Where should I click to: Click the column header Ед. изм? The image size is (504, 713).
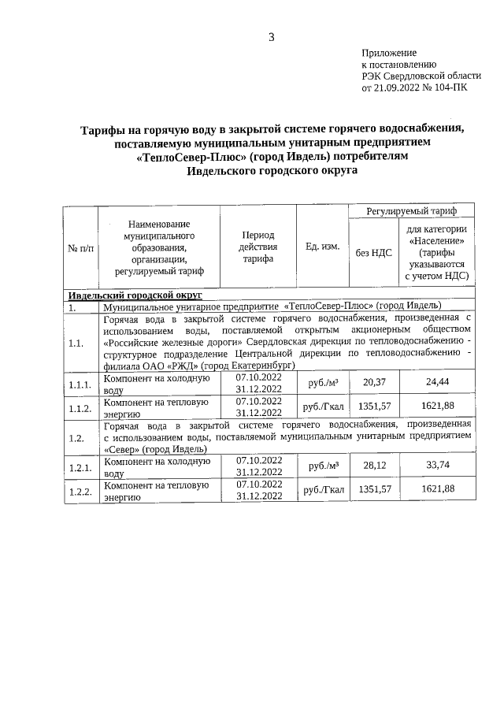[322, 247]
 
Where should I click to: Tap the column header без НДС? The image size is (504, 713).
[372, 252]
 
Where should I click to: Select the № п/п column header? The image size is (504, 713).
[80, 247]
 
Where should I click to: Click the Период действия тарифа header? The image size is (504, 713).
[258, 247]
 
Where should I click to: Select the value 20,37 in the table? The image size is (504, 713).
[372, 382]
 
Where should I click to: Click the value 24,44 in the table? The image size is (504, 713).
[438, 382]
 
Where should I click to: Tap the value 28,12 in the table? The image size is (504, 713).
[372, 465]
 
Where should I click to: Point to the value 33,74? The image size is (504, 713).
[438, 465]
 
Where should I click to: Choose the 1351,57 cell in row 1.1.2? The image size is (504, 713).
[372, 407]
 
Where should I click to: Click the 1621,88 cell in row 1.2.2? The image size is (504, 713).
[438, 489]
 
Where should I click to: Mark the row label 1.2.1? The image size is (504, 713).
[80, 466]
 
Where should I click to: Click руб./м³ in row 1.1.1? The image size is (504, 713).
[322, 383]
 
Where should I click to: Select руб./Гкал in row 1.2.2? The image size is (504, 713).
[324, 490]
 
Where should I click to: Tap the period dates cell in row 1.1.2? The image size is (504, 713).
[258, 407]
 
